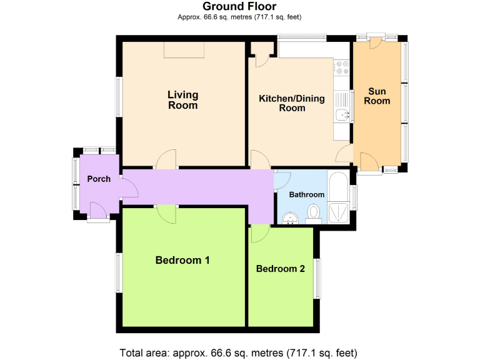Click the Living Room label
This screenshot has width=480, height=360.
tap(182, 100)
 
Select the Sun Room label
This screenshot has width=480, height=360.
tap(377, 96)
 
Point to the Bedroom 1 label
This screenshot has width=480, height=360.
tap(182, 260)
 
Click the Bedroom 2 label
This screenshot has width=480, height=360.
tap(281, 269)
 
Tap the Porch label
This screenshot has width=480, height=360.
tap(99, 179)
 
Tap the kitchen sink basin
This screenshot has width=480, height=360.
tap(342, 114)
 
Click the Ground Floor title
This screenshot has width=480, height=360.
tap(239, 7)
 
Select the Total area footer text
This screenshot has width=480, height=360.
tap(239, 352)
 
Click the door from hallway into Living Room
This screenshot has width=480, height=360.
tap(166, 160)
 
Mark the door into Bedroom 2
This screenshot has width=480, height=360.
tap(259, 234)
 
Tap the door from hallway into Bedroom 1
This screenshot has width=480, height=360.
tap(166, 214)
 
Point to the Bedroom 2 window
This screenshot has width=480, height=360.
tap(316, 278)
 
